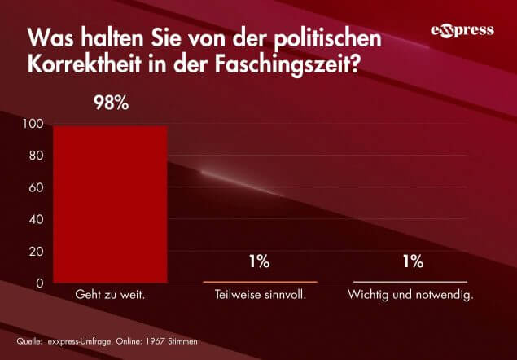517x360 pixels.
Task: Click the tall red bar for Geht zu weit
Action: tap(110, 204)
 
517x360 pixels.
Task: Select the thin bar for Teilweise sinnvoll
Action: tap(260, 282)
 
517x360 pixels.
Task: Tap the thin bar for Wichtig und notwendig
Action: tap(410, 282)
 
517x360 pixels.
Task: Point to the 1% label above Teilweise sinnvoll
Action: tap(260, 262)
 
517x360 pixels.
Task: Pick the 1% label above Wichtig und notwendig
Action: tap(412, 262)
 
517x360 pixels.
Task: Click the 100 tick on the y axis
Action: tap(35, 125)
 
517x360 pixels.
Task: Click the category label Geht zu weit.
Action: tap(110, 295)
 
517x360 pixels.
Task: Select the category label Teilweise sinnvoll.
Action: tap(260, 295)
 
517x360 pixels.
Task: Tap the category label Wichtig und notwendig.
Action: tap(411, 295)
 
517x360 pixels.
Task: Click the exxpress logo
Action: tap(462, 31)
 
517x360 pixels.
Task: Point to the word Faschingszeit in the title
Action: tap(289, 64)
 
